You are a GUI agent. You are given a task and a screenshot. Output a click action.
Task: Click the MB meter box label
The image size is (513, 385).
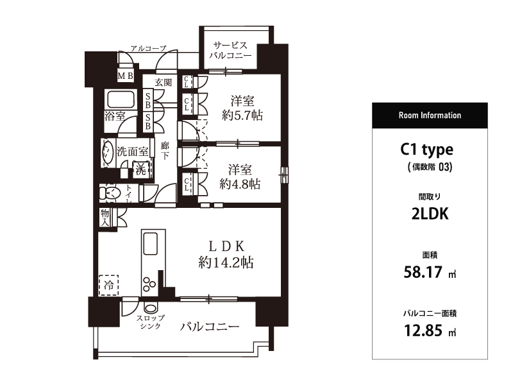click(126, 76)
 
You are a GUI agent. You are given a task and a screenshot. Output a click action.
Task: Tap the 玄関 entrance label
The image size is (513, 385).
click(164, 82)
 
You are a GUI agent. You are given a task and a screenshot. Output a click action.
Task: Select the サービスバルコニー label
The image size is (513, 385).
click(230, 50)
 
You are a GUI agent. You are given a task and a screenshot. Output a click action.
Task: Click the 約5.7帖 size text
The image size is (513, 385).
click(242, 116)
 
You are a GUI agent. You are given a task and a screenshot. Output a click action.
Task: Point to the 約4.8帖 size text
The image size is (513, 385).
click(240, 184)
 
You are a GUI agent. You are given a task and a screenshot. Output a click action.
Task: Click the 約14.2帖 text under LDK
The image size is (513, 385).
click(226, 262)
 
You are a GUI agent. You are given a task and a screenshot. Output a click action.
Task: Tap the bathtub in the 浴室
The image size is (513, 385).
click(121, 99)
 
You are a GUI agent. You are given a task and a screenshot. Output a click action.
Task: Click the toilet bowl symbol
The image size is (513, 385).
click(110, 193)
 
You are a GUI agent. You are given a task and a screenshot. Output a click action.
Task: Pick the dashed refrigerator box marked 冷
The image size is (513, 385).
click(108, 285)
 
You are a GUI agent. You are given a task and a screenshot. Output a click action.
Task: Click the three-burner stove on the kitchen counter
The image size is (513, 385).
click(149, 284)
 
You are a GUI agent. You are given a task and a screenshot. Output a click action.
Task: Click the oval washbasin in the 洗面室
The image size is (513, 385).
click(107, 153)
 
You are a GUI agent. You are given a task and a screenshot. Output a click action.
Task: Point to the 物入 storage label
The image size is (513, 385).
click(105, 218)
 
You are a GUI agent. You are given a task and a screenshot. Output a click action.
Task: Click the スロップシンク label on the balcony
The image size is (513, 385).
click(151, 322)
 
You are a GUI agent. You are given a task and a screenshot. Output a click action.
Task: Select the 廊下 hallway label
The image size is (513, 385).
click(165, 150)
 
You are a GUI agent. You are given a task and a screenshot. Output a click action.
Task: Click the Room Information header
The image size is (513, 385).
click(430, 116)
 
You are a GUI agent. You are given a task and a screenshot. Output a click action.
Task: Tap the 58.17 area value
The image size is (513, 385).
click(423, 272)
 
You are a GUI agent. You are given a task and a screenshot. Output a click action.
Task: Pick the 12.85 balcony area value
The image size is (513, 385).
click(423, 330)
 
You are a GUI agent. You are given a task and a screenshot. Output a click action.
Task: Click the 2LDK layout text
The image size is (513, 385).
click(430, 214)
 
